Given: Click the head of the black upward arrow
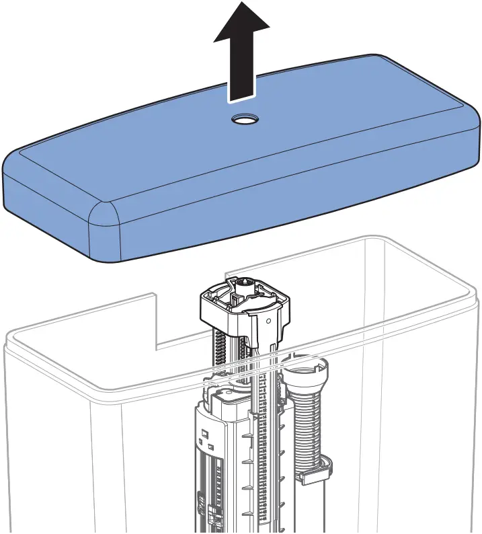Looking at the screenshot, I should coord(241,24).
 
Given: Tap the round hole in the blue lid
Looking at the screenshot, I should coord(243,120).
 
